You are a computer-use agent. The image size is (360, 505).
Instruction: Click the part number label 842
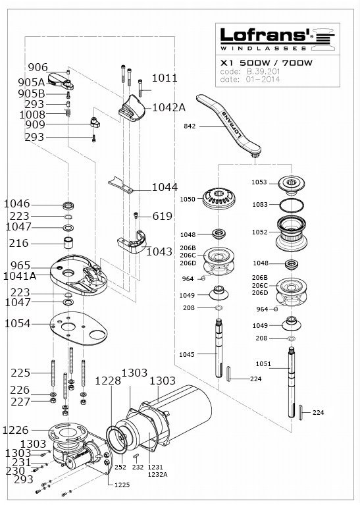(190, 126)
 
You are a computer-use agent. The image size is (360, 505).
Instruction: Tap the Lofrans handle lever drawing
(229, 124)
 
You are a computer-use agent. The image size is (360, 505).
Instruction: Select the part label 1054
(17, 324)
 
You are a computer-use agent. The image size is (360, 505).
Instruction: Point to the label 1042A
(168, 107)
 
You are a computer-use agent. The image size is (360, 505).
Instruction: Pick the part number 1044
(165, 187)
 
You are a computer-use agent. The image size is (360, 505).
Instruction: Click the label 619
(163, 216)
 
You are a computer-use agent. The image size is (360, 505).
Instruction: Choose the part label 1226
(15, 430)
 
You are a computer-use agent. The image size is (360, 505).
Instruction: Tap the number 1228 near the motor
(108, 381)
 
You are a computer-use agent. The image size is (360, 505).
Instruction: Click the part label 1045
(187, 355)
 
